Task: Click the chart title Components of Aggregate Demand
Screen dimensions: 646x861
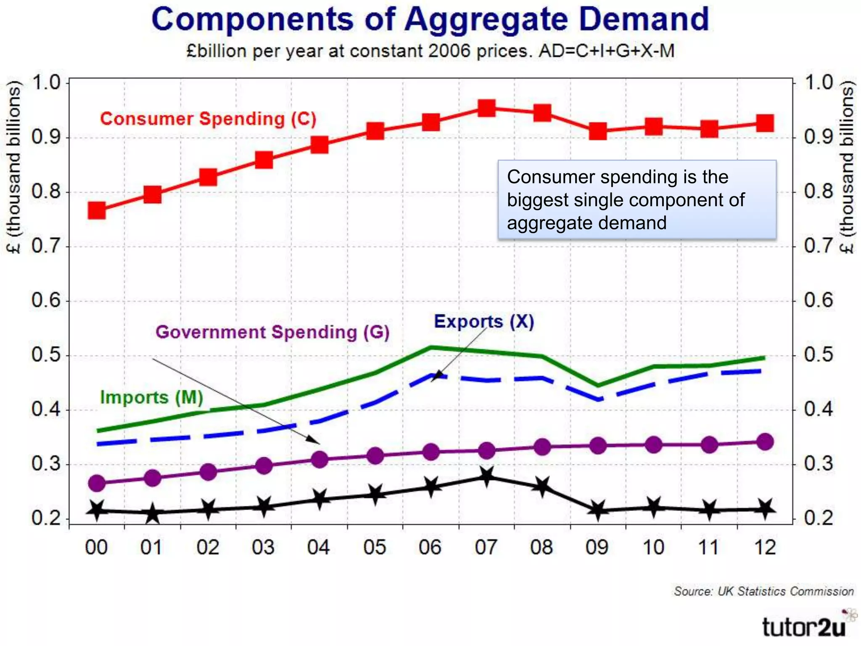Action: click(x=430, y=19)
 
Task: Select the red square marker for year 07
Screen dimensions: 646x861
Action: click(x=486, y=108)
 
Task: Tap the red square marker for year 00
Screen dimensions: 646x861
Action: click(x=97, y=210)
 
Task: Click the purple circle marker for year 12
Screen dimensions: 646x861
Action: click(x=765, y=442)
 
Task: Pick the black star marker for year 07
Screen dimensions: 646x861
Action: click(x=486, y=476)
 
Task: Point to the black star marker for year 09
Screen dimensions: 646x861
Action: click(x=598, y=510)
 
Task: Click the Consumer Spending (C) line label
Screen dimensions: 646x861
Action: click(x=208, y=119)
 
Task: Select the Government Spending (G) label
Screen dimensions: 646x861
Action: click(x=272, y=332)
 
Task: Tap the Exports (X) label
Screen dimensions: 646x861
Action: click(x=484, y=322)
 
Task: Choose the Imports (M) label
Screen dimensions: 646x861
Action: click(x=151, y=397)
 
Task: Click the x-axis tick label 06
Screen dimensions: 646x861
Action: click(x=430, y=548)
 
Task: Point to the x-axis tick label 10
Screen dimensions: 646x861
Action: click(x=653, y=548)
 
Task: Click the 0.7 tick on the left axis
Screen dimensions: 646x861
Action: click(x=45, y=246)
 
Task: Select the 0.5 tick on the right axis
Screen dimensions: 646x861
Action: click(x=818, y=355)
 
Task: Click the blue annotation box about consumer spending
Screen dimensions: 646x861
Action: click(x=637, y=199)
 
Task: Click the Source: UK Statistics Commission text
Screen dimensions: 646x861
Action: click(x=763, y=591)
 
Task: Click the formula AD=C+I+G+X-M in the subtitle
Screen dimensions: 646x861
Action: click(x=606, y=51)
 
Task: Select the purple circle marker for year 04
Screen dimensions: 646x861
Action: click(x=320, y=459)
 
